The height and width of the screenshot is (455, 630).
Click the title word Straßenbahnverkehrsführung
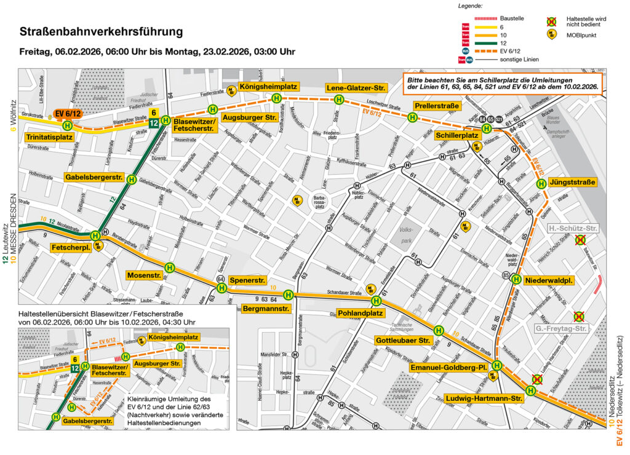tap(102, 31)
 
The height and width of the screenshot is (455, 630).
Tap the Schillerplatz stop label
tap(457, 135)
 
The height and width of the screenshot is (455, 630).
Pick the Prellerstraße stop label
tap(437, 106)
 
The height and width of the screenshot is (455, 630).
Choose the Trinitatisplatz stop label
tap(50, 136)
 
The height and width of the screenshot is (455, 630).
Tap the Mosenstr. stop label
tap(145, 275)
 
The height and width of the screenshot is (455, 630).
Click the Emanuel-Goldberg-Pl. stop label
tap(449, 368)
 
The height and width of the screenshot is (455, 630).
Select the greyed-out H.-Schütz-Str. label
tap(572, 229)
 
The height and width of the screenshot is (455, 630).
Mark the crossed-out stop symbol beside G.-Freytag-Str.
tap(578, 317)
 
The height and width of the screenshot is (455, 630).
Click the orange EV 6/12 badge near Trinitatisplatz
tap(67, 113)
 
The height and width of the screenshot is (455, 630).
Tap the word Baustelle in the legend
tap(512, 18)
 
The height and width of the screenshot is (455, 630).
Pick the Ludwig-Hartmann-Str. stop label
tap(483, 398)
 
